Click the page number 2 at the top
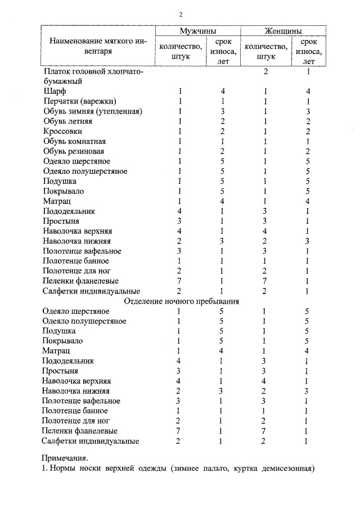pos(181,15)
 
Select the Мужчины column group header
pos(198,31)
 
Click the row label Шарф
pos(55,91)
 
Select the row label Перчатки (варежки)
pos(79,101)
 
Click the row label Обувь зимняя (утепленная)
pos(93,111)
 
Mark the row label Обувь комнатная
pos(74,141)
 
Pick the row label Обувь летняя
pos(66,121)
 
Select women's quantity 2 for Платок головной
pos(265,71)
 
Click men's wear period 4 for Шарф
pos(223,91)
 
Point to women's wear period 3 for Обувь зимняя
pos(308,111)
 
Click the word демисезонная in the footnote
pos(285,469)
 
